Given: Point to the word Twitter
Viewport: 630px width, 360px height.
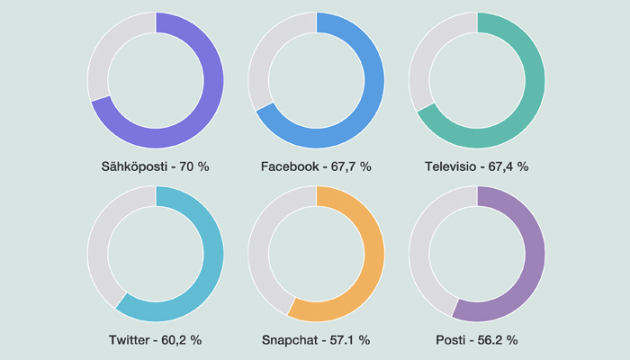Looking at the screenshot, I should click(x=133, y=340).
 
